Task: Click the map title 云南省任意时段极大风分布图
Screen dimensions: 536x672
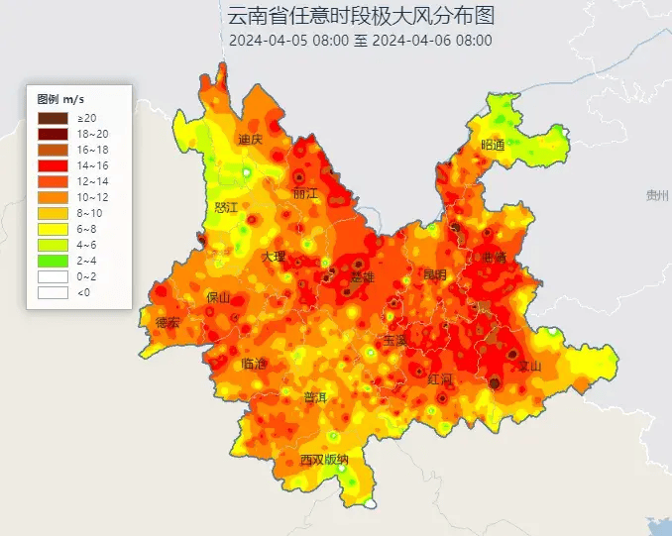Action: click(361, 16)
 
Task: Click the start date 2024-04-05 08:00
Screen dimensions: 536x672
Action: click(288, 41)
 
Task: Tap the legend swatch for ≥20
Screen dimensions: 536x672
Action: click(54, 119)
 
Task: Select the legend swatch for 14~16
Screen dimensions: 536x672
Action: click(54, 165)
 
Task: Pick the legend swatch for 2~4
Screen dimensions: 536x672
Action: click(54, 261)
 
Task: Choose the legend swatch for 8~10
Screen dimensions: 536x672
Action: click(54, 213)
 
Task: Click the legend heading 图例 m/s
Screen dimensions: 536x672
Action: click(61, 99)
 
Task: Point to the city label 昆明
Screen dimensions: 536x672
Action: click(435, 273)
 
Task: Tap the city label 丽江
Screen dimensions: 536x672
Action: click(306, 193)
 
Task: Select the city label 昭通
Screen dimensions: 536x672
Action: click(493, 145)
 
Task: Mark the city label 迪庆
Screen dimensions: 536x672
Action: click(250, 140)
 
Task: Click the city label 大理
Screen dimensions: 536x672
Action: click(274, 257)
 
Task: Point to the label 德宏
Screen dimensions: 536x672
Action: click(168, 322)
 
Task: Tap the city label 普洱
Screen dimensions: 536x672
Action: click(314, 398)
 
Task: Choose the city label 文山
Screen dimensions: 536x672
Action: click(530, 367)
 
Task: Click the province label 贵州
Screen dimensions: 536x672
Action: click(656, 195)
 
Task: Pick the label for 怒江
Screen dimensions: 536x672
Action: click(226, 207)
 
